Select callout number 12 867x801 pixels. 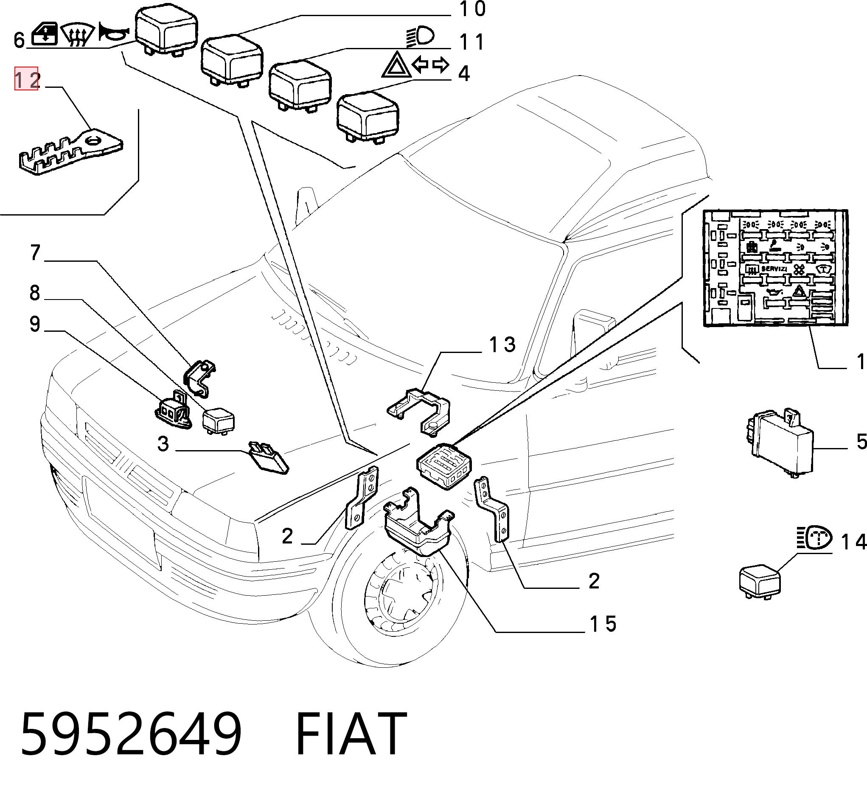pyautogui.click(x=27, y=79)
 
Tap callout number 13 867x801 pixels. pyautogui.click(x=502, y=345)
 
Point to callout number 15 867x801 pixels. pyautogui.click(x=603, y=624)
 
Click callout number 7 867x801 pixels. pyautogui.click(x=35, y=253)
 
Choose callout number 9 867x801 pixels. pyautogui.click(x=35, y=324)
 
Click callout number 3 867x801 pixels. pyautogui.click(x=163, y=443)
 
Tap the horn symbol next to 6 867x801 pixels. pyautogui.click(x=113, y=32)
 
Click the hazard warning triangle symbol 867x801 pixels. pyautogui.click(x=396, y=64)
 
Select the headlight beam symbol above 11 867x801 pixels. pyautogui.click(x=420, y=37)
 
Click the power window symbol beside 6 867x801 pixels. pyautogui.click(x=45, y=34)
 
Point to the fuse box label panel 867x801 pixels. pyautogui.click(x=775, y=268)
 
